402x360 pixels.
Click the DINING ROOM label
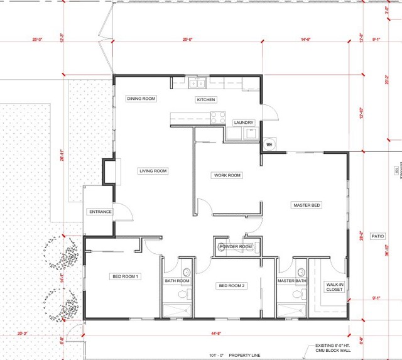(141, 99)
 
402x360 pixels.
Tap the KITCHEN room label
(205, 100)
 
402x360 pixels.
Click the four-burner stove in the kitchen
(218, 116)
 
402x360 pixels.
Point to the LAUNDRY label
(243, 123)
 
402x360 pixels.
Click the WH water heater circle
(269, 144)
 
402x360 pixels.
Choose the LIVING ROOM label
(153, 171)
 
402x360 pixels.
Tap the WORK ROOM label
(227, 175)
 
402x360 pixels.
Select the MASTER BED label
(307, 205)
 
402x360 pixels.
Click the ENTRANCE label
(100, 212)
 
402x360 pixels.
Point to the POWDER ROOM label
(236, 247)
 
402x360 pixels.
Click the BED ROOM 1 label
(125, 276)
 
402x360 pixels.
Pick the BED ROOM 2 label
(231, 286)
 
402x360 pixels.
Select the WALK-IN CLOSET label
(334, 287)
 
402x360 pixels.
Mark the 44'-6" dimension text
(217, 334)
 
